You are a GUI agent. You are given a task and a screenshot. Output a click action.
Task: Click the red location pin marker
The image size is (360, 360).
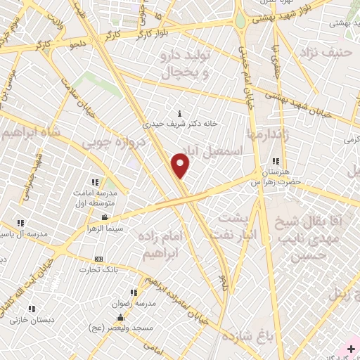pos(181,165)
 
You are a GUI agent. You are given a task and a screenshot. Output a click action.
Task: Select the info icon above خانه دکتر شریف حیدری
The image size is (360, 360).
pos(181,113)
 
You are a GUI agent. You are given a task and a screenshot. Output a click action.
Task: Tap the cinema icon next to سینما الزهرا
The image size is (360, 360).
pos(105,218)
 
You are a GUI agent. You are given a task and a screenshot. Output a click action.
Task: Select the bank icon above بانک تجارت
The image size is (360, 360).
pos(98,259)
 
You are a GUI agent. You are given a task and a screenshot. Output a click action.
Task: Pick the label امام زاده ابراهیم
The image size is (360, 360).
pos(161,245)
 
